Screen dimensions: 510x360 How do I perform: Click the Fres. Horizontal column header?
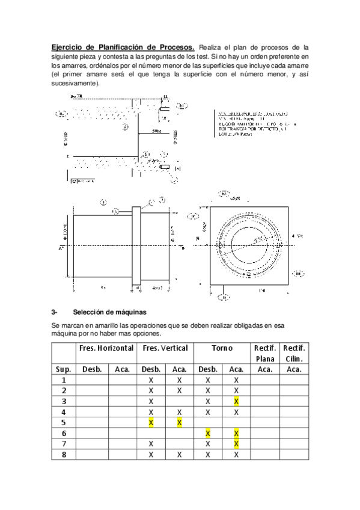[106, 348]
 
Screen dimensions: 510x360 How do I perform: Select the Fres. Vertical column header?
[165, 348]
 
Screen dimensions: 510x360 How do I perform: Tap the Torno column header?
[222, 348]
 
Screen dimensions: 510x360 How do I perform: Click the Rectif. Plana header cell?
[265, 353]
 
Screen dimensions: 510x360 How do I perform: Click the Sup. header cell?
[64, 369]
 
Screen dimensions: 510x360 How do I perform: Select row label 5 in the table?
[64, 422]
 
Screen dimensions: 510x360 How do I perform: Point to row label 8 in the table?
[64, 454]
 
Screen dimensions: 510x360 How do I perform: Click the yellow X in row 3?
[236, 401]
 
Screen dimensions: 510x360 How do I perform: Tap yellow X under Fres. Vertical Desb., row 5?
[151, 422]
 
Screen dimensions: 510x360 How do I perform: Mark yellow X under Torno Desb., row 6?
[207, 433]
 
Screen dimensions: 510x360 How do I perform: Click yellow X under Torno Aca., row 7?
[236, 444]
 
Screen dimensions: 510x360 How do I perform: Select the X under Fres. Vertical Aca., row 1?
[180, 380]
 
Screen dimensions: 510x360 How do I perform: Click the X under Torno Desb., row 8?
[207, 454]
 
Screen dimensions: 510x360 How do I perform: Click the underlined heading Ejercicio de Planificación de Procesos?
[123, 46]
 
